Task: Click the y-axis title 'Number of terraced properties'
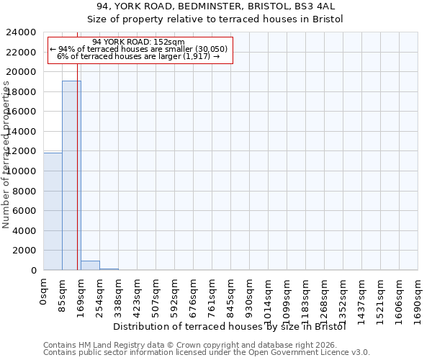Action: point(6,155)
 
